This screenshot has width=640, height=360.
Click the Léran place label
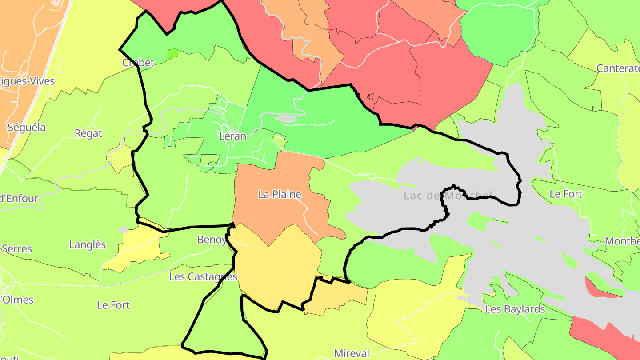pyautogui.click(x=232, y=136)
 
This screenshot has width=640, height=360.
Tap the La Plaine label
pyautogui.click(x=280, y=194)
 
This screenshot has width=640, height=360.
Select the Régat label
pyautogui.click(x=88, y=133)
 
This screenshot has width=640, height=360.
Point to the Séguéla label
pyautogui.click(x=27, y=128)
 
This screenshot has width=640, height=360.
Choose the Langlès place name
pyautogui.click(x=88, y=244)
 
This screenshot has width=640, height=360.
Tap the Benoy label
pyautogui.click(x=212, y=240)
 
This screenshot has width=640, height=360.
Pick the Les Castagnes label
pyautogui.click(x=203, y=276)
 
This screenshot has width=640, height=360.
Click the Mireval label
pyautogui.click(x=352, y=353)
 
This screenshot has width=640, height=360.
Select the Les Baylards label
pyautogui.click(x=515, y=309)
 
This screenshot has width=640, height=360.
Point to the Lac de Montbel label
pyautogui.click(x=448, y=195)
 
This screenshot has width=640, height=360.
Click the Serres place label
pyautogui.click(x=16, y=248)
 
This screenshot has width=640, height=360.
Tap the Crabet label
pyautogui.click(x=138, y=62)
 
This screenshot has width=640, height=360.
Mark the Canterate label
pyautogui.click(x=618, y=68)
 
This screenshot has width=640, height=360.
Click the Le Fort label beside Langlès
pyautogui.click(x=113, y=305)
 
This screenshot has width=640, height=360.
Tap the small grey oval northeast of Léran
pyautogui.click(x=286, y=118)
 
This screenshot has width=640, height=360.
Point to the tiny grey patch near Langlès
pyautogui.click(x=123, y=230)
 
